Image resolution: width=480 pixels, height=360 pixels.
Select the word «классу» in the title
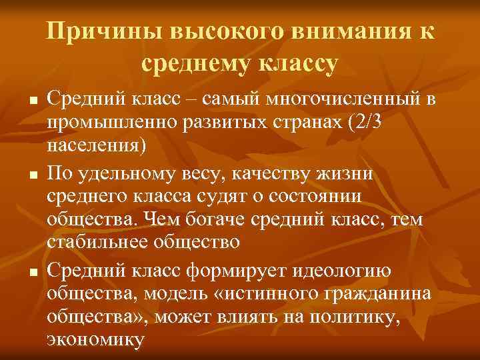[297, 64]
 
